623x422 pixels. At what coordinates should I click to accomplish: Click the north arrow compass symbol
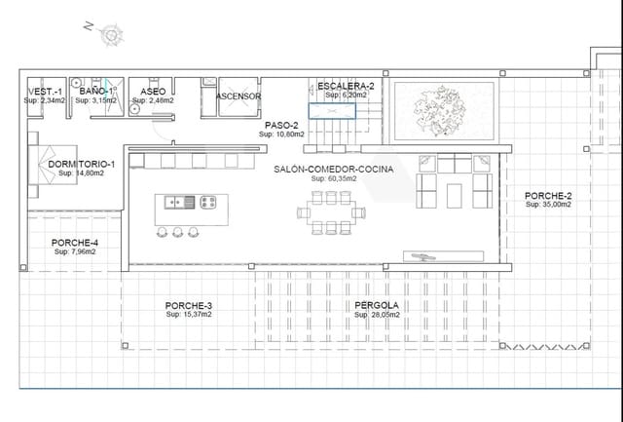[110, 35]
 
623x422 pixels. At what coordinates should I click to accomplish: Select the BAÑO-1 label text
[96, 91]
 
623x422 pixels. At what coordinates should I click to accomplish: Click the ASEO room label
[153, 92]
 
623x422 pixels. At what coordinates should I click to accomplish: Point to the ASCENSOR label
[238, 96]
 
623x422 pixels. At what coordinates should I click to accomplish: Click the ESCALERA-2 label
[346, 87]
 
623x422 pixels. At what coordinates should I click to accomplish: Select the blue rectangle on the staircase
[333, 110]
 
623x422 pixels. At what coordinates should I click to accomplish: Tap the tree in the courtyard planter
[443, 107]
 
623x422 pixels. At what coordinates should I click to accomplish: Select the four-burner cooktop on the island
[208, 203]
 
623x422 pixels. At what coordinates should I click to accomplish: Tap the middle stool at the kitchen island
[178, 232]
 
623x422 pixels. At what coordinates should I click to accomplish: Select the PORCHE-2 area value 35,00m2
[548, 206]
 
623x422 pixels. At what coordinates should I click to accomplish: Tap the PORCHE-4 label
[74, 243]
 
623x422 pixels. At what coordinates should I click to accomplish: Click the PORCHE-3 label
[189, 305]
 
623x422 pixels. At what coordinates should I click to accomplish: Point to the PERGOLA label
[376, 305]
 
